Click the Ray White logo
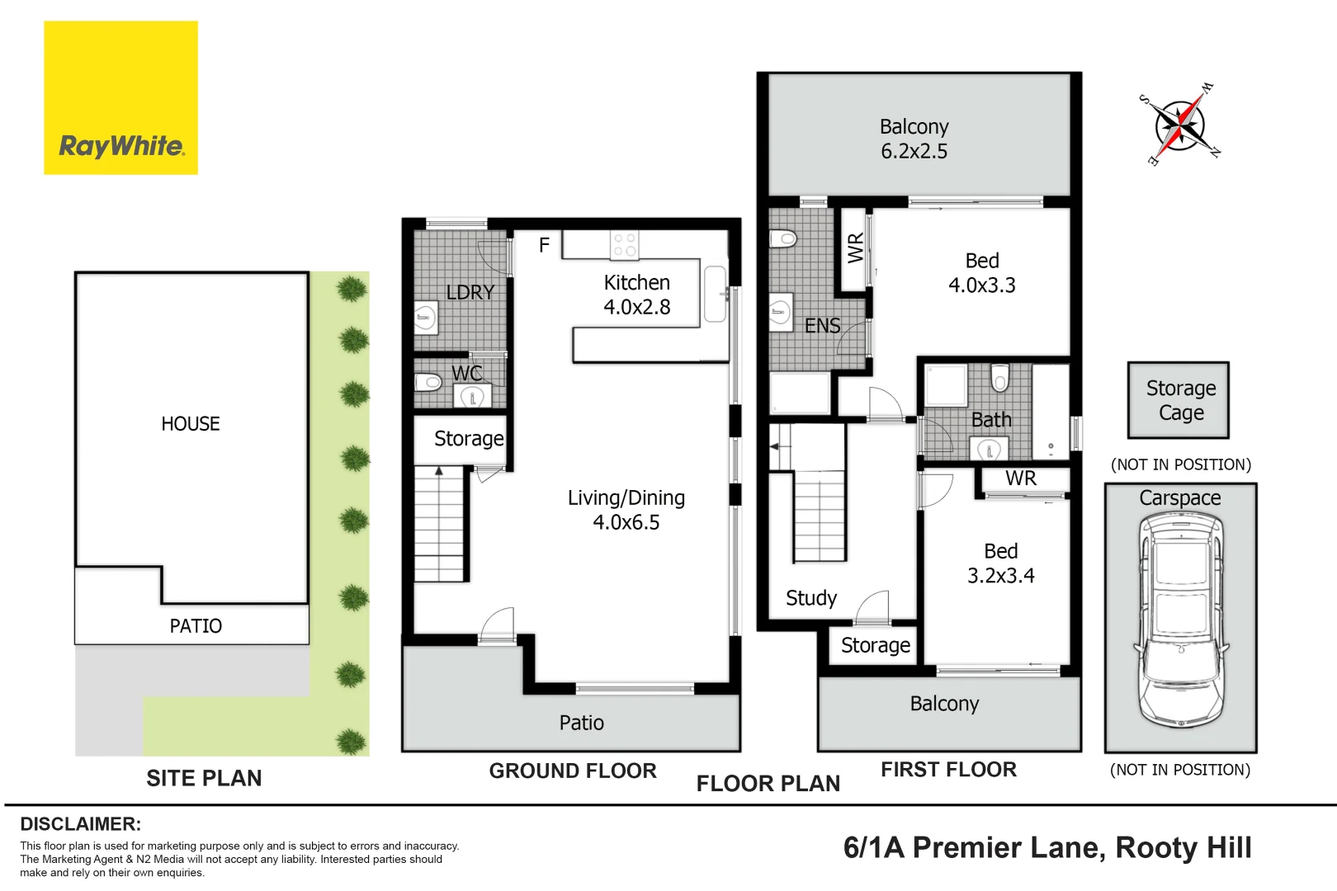[120, 98]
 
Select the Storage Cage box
[1179, 400]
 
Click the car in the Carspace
[1181, 620]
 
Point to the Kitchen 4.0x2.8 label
[637, 295]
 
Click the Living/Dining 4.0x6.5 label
[626, 510]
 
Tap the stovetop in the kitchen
[624, 245]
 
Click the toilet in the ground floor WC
[428, 382]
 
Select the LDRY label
[470, 292]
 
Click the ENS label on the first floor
[823, 325]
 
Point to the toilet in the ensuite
[783, 239]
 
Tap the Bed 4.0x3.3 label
[982, 273]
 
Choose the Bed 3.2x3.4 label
[1001, 563]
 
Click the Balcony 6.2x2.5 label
[914, 139]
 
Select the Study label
[811, 598]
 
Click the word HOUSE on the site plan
[191, 424]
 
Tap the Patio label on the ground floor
[581, 723]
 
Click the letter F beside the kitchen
[544, 245]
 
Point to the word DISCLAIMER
[81, 824]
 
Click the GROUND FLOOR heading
[573, 771]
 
